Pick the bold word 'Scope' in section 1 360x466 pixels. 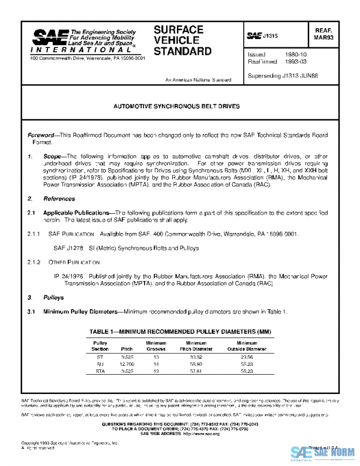(x=53, y=155)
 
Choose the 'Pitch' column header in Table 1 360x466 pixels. (x=127, y=348)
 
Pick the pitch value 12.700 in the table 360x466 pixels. (x=127, y=364)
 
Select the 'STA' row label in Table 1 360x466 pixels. (x=100, y=372)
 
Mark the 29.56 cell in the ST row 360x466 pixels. (x=247, y=356)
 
